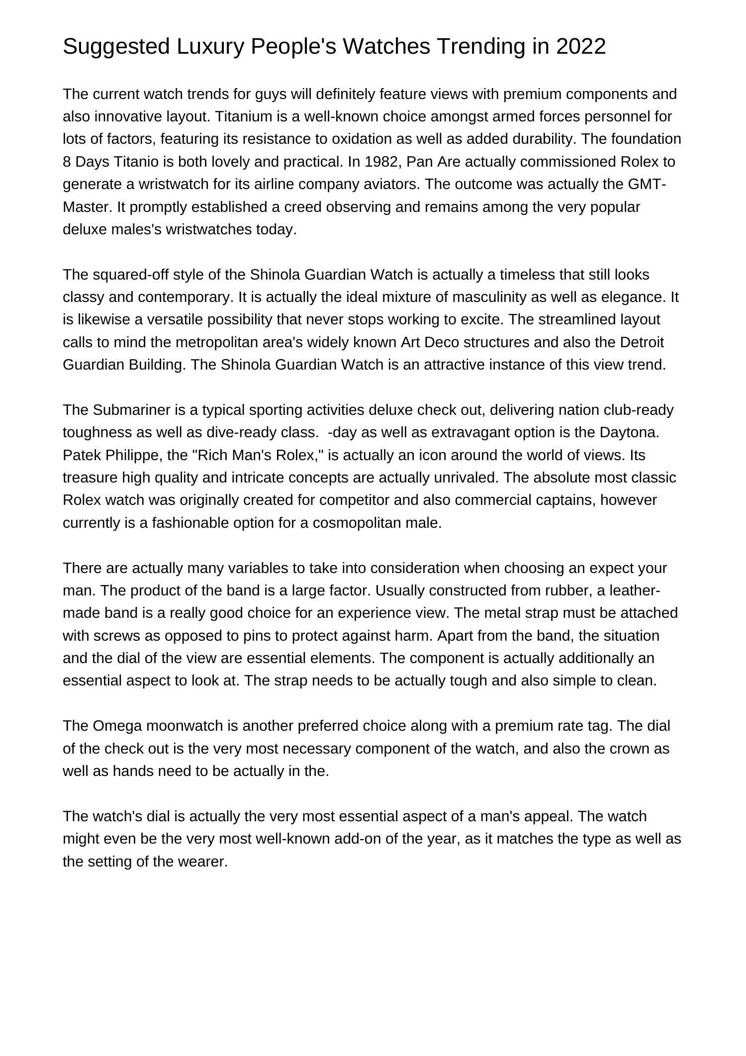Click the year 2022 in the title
[581, 46]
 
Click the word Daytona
[629, 432]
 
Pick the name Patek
[82, 455]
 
